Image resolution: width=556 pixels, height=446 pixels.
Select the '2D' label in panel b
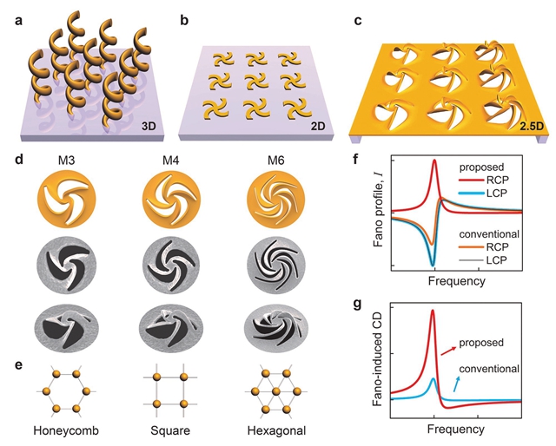pyautogui.click(x=318, y=127)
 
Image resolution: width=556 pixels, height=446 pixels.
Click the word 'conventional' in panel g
pyautogui.click(x=487, y=369)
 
